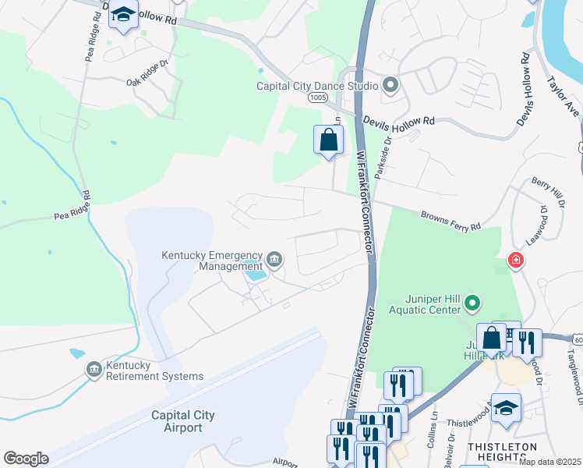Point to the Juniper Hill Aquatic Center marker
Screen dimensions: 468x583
(472, 302)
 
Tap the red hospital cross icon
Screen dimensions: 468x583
(514, 261)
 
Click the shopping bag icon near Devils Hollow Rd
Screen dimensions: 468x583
(329, 140)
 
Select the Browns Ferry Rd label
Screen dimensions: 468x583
(451, 218)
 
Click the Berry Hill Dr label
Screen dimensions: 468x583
(548, 193)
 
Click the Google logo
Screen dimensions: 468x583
(26, 459)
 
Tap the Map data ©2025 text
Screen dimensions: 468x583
(549, 462)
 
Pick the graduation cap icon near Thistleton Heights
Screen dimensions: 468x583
(506, 409)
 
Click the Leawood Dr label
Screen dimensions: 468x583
(535, 225)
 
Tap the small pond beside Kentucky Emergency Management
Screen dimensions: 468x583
(256, 275)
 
